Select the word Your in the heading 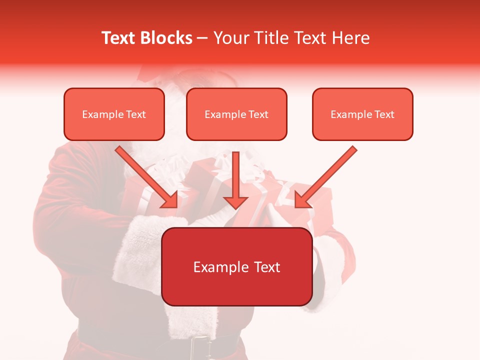(229, 38)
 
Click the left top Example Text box (114, 114)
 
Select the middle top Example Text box (236, 114)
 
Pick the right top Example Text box (362, 114)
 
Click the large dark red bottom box (237, 266)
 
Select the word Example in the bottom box (220, 267)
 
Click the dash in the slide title (202, 38)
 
